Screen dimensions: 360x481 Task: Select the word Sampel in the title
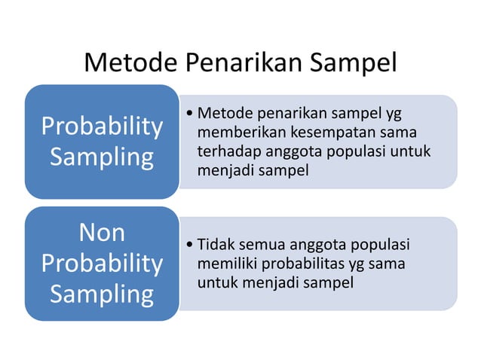(x=351, y=62)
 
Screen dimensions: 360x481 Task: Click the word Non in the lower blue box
(x=102, y=233)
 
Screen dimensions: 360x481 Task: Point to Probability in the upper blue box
(x=102, y=127)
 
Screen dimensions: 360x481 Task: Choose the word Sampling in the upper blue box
(x=102, y=157)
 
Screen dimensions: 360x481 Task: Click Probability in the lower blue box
(x=102, y=264)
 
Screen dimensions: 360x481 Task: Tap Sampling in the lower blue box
(x=102, y=294)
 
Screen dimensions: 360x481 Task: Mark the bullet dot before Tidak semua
(x=189, y=246)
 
